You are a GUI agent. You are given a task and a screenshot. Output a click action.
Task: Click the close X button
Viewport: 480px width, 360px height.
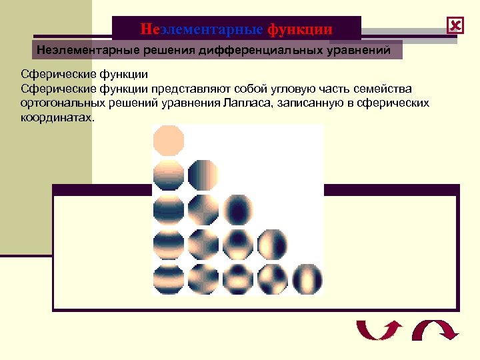(456, 26)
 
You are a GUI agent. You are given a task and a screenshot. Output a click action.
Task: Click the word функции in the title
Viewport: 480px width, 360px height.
(299, 29)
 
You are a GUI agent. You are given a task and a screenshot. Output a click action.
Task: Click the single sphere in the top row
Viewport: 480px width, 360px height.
(169, 140)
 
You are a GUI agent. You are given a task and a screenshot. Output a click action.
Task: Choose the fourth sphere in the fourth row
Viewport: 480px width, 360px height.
(272, 244)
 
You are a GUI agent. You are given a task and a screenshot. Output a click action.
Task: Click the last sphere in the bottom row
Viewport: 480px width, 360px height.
(307, 279)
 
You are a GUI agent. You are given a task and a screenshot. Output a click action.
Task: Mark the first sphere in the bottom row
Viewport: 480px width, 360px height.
(169, 279)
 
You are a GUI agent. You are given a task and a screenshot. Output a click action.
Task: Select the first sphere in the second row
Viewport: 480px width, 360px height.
(169, 175)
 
